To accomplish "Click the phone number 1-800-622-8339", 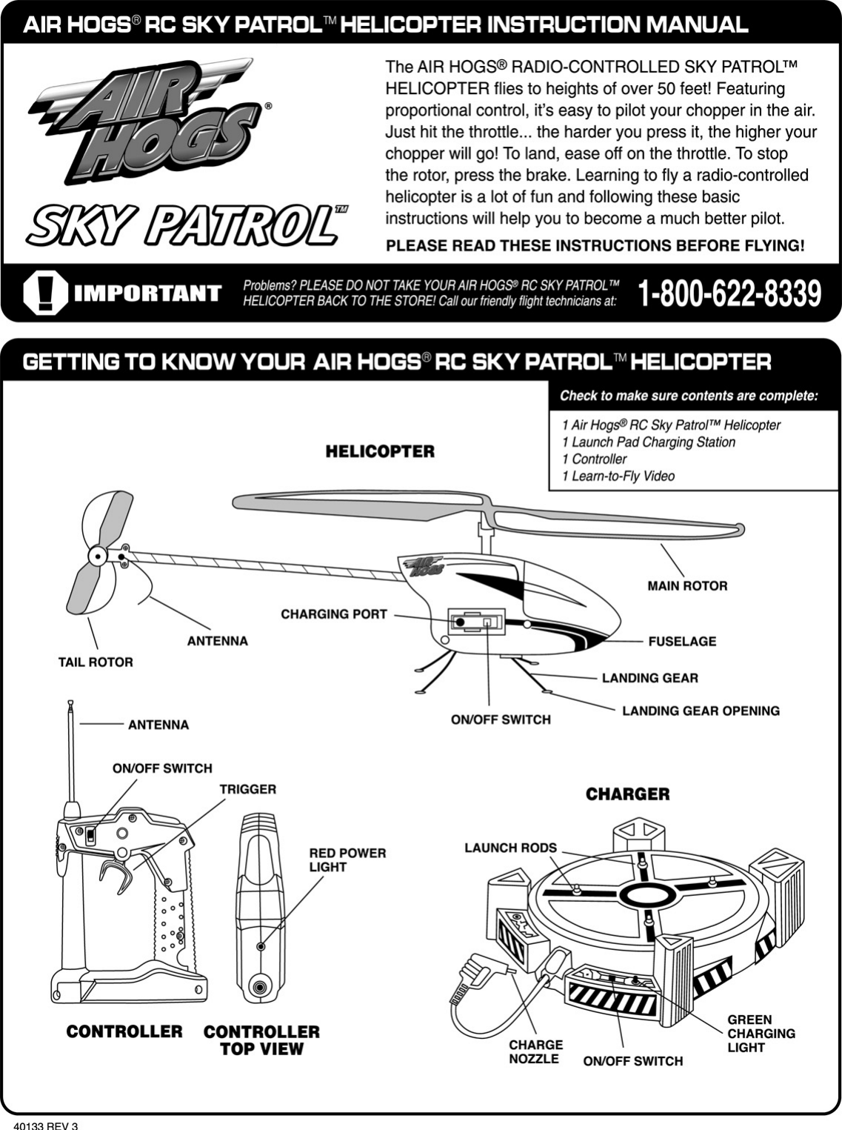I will pyautogui.click(x=729, y=293).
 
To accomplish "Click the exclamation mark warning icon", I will pyautogui.click(x=44, y=293).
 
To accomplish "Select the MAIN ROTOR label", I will pyautogui.click(x=687, y=586).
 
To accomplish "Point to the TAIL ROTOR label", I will pyautogui.click(x=96, y=662).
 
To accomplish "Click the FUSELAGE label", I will pyautogui.click(x=682, y=642).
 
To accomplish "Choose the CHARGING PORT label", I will pyautogui.click(x=334, y=614).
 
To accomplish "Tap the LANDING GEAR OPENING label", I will pyautogui.click(x=701, y=711).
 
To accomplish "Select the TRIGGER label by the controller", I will pyautogui.click(x=247, y=790).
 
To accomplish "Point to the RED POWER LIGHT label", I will pyautogui.click(x=347, y=860).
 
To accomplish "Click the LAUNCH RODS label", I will pyautogui.click(x=510, y=848).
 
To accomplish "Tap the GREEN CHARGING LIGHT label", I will pyautogui.click(x=761, y=1034).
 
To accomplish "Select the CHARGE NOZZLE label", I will pyautogui.click(x=535, y=1052).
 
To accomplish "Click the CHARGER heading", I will pyautogui.click(x=627, y=794).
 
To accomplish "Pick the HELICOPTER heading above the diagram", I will pyautogui.click(x=380, y=451).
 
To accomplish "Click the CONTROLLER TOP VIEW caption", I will pyautogui.click(x=261, y=1040).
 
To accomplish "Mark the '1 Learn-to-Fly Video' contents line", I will pyautogui.click(x=618, y=476).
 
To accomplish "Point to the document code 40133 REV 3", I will pyautogui.click(x=51, y=1125).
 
